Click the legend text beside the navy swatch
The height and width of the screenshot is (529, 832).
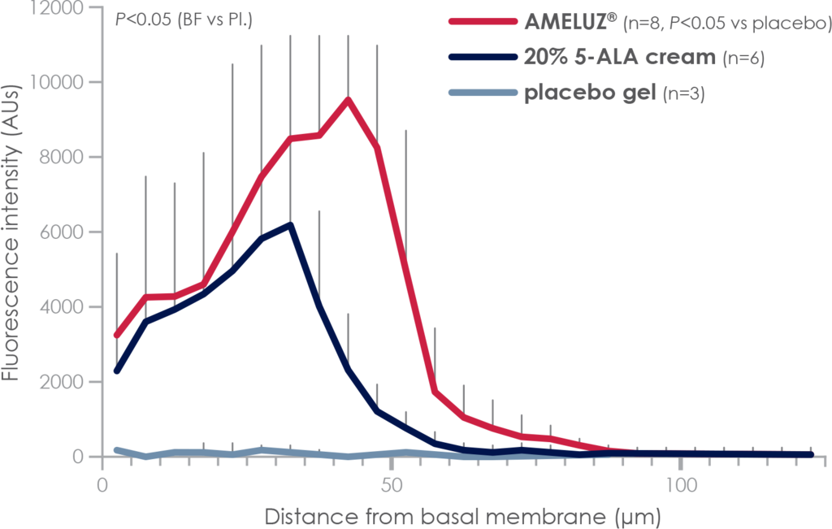coord(642,57)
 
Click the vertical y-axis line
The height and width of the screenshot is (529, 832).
coord(101,244)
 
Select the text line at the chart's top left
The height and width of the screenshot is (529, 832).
coord(146,18)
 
